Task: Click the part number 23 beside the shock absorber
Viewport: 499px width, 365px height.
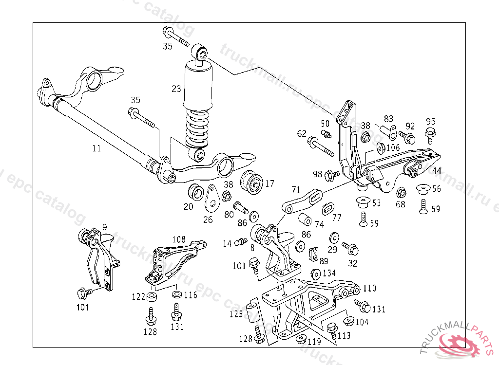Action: coord(176,89)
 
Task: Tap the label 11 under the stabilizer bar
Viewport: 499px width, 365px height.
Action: coord(96,148)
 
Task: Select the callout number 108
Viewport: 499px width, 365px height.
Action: coord(179,239)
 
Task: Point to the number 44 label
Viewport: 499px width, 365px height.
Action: coord(437,170)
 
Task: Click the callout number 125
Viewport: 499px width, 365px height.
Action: coord(236,314)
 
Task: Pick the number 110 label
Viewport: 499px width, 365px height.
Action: coord(369,289)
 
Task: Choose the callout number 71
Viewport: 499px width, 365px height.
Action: coord(296,189)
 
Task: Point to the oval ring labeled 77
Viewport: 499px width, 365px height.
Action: coord(327,208)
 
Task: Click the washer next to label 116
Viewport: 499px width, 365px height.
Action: coord(176,294)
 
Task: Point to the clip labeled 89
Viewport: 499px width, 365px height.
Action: coord(314,253)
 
